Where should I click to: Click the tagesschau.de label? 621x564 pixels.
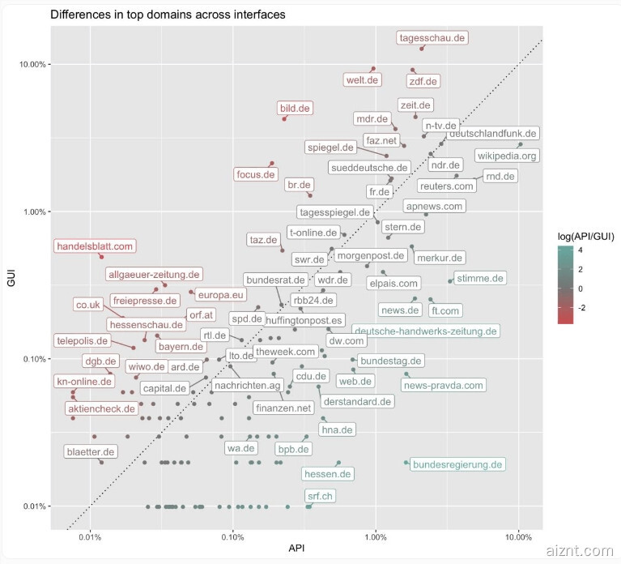coord(433,37)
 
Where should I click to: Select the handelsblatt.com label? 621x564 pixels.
coord(95,246)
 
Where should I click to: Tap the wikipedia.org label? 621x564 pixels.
coord(507,156)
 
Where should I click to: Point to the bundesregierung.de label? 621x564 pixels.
coord(458,464)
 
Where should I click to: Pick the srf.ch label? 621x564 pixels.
coord(319,495)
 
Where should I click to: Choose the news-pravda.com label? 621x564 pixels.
coord(443,385)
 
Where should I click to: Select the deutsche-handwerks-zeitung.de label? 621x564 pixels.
coord(425,331)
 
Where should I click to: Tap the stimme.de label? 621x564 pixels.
coord(480,278)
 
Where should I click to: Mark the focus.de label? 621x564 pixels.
coord(256,173)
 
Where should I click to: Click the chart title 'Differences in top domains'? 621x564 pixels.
coord(168,15)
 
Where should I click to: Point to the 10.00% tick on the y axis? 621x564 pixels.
coord(30,64)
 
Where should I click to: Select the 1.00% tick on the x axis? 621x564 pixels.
coord(376,536)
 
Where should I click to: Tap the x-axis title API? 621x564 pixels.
coord(296,550)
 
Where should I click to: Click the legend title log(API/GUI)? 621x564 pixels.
coord(586,236)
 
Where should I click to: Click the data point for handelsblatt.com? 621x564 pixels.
coord(101,257)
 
